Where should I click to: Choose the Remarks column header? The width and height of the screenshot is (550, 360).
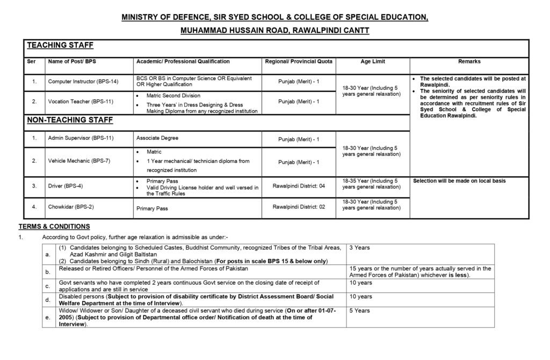click(x=469, y=62)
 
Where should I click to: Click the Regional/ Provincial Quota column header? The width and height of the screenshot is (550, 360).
click(x=299, y=62)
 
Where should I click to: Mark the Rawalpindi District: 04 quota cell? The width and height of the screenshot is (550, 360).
click(x=299, y=185)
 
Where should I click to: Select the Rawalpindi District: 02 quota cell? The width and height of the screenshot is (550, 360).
click(x=299, y=206)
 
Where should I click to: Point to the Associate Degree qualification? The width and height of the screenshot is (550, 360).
click(x=157, y=138)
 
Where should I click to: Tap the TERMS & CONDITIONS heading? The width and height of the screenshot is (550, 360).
click(x=54, y=226)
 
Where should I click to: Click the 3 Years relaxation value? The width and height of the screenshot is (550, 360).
click(x=359, y=248)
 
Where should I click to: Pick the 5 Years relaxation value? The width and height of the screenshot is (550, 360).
click(x=359, y=311)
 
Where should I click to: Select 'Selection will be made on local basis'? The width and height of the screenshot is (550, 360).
click(x=459, y=181)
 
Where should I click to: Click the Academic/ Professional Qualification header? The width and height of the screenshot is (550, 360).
click(x=183, y=62)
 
